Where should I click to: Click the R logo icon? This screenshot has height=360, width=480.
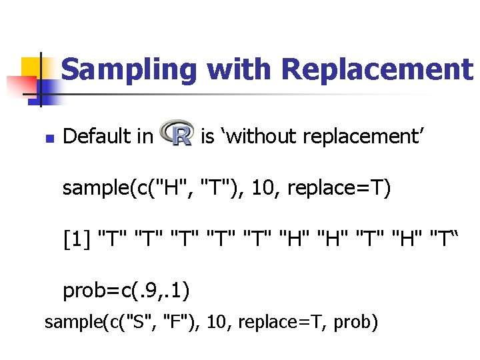pos(177,135)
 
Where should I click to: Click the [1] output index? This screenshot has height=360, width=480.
pos(77,237)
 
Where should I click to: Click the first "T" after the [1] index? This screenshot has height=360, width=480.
pos(112,237)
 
